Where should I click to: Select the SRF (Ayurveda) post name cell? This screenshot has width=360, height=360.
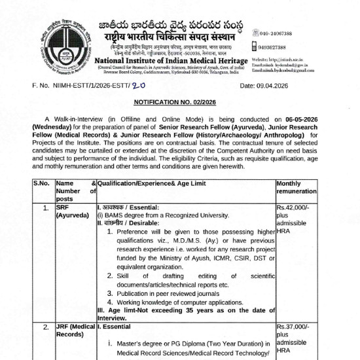pos(71,211)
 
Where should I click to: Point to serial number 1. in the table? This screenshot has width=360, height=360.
pos(45,207)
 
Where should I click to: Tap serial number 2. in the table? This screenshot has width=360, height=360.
pos(45,326)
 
